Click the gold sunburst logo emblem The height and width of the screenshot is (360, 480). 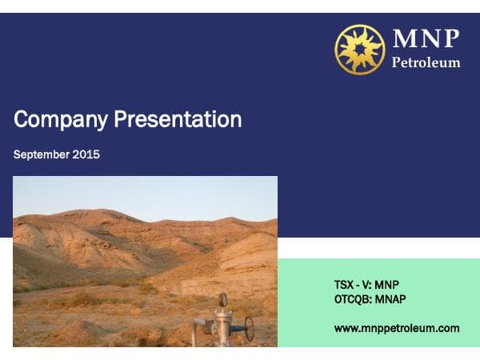pyautogui.click(x=359, y=49)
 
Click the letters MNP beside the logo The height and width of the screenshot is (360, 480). pyautogui.click(x=426, y=38)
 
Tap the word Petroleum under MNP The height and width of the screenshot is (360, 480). pyautogui.click(x=426, y=62)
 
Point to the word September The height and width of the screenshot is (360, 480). pyautogui.click(x=40, y=154)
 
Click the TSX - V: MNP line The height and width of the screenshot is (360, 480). pyautogui.click(x=366, y=284)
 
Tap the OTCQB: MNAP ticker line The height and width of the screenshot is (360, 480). pyautogui.click(x=372, y=298)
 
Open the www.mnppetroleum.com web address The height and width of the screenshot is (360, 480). pyautogui.click(x=397, y=328)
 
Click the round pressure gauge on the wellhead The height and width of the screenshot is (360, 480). pyautogui.click(x=222, y=300)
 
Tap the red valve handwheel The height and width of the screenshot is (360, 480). pyautogui.click(x=250, y=328)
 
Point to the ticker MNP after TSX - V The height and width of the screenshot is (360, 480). pyautogui.click(x=386, y=284)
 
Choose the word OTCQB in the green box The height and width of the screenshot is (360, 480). pyautogui.click(x=352, y=298)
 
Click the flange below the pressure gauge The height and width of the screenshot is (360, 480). pyautogui.click(x=222, y=315)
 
